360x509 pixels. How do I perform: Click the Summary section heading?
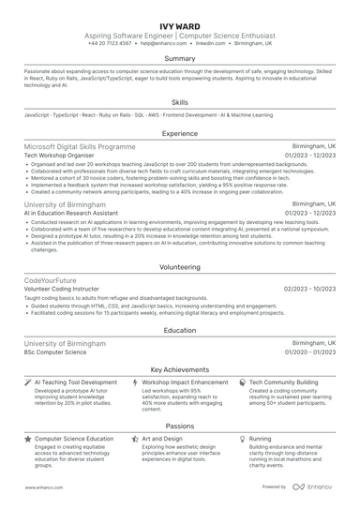click(180, 58)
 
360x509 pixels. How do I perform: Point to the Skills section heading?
click(180, 101)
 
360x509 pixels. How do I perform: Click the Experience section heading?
click(180, 134)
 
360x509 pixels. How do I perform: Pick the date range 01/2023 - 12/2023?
click(310, 156)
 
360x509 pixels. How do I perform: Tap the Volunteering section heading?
click(180, 266)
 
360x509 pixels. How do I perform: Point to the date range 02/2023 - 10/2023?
click(310, 289)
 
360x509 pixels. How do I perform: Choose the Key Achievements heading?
click(180, 369)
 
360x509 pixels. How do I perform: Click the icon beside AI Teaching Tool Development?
click(27, 382)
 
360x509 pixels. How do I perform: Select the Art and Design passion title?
click(162, 438)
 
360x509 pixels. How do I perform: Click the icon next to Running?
click(243, 438)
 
